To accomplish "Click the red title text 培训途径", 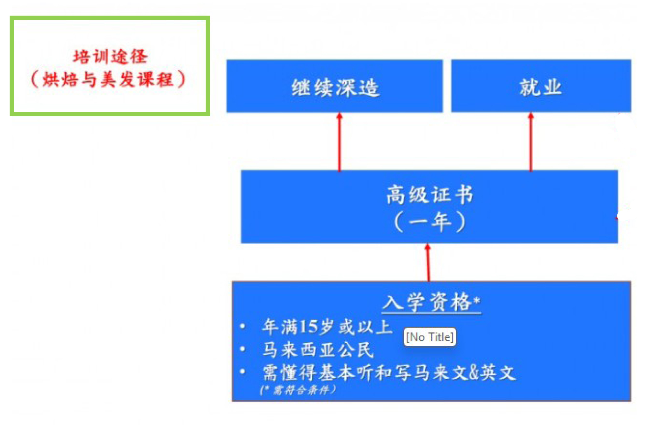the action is point(110,57).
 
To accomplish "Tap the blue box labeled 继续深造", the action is point(335,86).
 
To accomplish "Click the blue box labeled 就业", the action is point(541,86).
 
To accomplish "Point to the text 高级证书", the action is point(430,195).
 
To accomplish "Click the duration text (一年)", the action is point(430,221).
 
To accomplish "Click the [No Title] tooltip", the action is point(430,337).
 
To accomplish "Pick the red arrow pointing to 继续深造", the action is point(340,142).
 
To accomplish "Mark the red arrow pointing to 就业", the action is point(531,142).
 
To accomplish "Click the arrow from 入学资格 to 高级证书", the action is point(428,262).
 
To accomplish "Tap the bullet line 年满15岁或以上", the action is point(327,327).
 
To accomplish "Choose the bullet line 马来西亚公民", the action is point(318,350).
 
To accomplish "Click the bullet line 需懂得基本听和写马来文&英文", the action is point(389,372).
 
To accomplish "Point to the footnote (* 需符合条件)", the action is point(298,390).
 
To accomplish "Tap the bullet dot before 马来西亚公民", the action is point(243,349).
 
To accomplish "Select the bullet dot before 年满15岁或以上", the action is point(243,326).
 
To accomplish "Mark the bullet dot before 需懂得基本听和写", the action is point(243,372).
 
